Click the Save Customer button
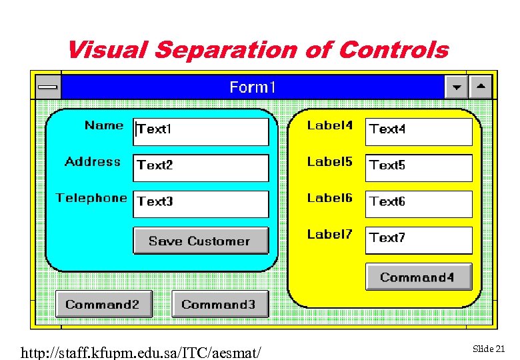point(201,241)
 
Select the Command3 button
point(220,304)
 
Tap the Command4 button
point(419,277)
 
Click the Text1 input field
point(201,131)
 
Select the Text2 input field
point(201,167)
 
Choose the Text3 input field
point(201,204)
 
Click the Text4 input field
point(419,131)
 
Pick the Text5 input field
point(419,167)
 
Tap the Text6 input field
point(419,204)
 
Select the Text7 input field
point(419,240)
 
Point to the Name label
point(104,125)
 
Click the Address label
point(93,161)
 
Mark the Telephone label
point(91,198)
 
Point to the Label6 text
point(329,198)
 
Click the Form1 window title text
point(253,87)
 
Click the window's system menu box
point(47,87)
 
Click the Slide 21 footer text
point(489,349)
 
